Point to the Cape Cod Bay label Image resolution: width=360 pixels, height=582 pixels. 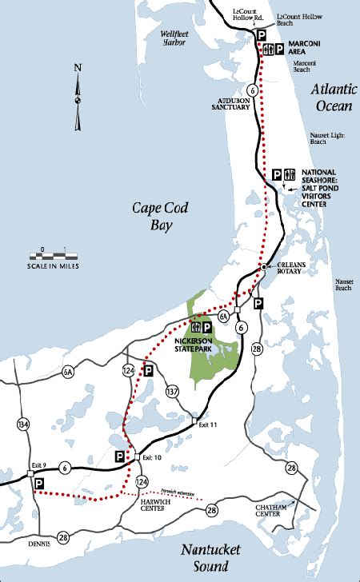click(x=156, y=217)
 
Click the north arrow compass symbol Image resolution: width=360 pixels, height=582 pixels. click(x=78, y=98)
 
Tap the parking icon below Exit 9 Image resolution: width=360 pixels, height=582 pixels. click(x=38, y=484)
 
